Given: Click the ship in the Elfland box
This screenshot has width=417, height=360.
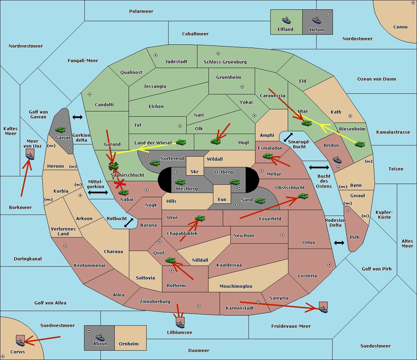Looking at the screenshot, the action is [286, 20].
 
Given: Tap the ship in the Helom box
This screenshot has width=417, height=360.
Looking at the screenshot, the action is [317, 20].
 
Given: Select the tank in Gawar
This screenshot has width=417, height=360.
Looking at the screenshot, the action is [60, 129].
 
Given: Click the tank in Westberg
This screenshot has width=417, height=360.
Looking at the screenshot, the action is [180, 182].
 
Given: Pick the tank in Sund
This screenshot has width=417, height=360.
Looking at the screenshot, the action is [260, 201].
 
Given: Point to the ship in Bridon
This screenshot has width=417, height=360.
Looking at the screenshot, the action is [337, 160].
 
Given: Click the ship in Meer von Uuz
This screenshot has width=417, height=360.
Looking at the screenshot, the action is [30, 156].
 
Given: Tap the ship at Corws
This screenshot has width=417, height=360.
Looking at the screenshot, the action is [20, 342].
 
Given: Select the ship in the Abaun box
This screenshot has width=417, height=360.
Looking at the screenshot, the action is [100, 337].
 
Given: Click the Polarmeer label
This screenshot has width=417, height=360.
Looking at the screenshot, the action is [141, 11].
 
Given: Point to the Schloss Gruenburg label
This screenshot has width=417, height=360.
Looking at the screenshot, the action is [225, 62].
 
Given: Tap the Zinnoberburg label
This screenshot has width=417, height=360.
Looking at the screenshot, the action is [155, 301].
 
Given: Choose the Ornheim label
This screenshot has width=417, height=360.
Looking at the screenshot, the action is [129, 344].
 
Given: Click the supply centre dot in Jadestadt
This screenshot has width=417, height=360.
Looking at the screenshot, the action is [156, 55].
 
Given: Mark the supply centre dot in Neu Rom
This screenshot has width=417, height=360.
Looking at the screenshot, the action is [283, 235].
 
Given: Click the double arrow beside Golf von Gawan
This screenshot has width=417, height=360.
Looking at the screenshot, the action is [77, 117].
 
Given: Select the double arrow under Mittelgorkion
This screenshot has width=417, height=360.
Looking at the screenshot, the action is [98, 193].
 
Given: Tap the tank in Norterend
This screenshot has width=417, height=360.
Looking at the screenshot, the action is [155, 163].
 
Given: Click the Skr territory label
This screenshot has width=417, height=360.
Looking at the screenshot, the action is [195, 171].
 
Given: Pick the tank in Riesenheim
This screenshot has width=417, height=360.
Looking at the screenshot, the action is [360, 144].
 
